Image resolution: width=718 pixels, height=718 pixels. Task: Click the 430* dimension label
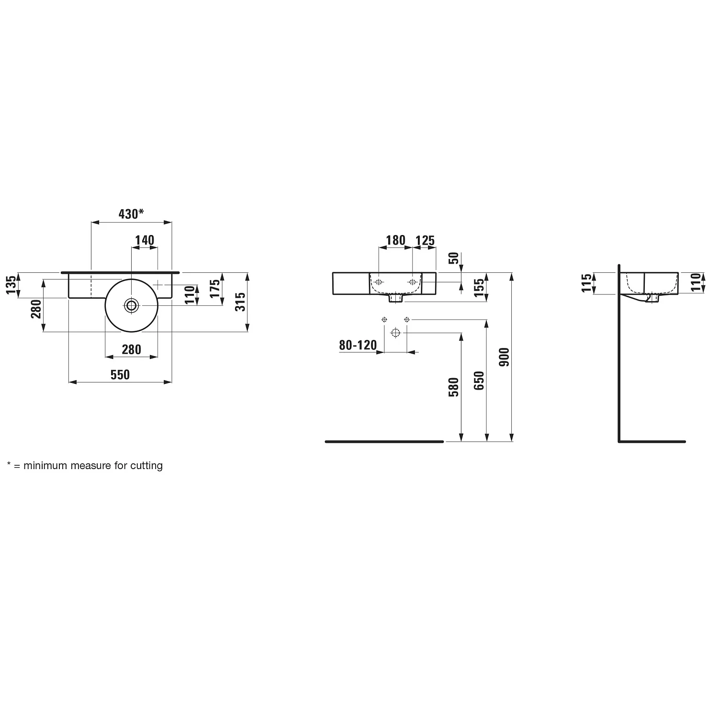coord(131,214)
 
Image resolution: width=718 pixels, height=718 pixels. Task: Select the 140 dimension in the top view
coord(144,240)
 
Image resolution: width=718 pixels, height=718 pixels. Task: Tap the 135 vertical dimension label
coord(12,285)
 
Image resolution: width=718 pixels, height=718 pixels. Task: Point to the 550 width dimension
coord(120,374)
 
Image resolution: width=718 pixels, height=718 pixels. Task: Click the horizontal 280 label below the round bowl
coord(131,349)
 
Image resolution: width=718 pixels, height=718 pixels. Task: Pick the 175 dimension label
coord(215,289)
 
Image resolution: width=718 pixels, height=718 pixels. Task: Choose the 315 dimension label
coord(241,302)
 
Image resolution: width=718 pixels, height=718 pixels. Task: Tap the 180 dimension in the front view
coord(396,240)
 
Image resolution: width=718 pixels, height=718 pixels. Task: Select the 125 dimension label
coord(425,240)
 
